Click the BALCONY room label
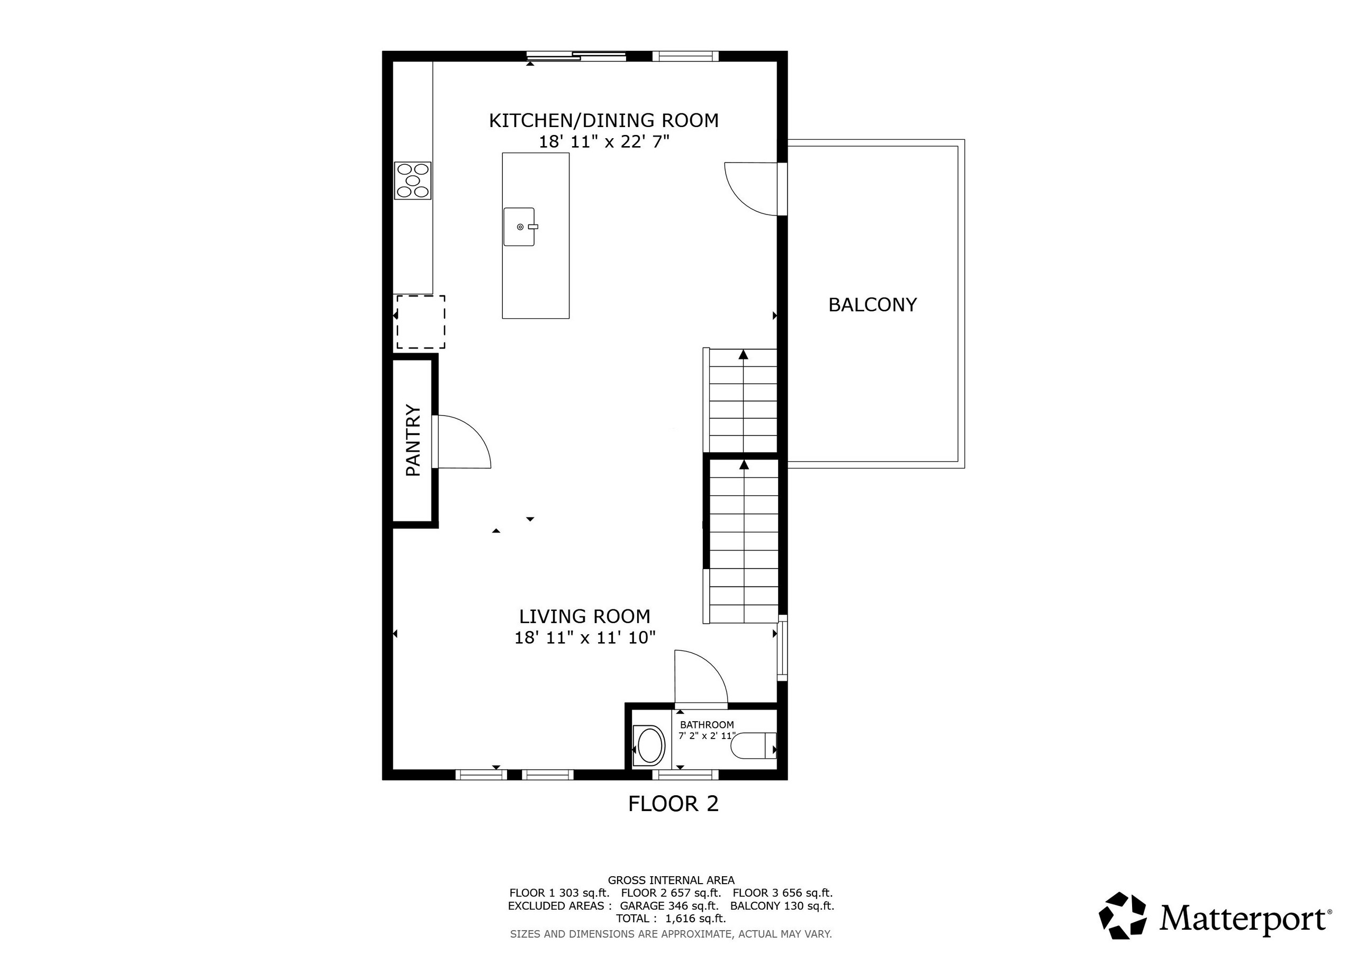(872, 304)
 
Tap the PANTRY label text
(413, 440)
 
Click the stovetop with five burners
(413, 181)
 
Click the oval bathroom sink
(649, 746)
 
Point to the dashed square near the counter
(421, 322)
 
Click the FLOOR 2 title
(673, 804)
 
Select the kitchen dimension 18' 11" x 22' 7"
(604, 142)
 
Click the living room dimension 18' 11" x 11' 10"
(585, 638)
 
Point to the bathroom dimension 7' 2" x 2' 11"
(707, 736)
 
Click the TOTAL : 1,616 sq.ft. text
(671, 919)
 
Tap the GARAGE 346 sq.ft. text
(669, 905)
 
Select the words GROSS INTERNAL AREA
(671, 880)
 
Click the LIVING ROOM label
(585, 616)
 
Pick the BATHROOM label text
(707, 725)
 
